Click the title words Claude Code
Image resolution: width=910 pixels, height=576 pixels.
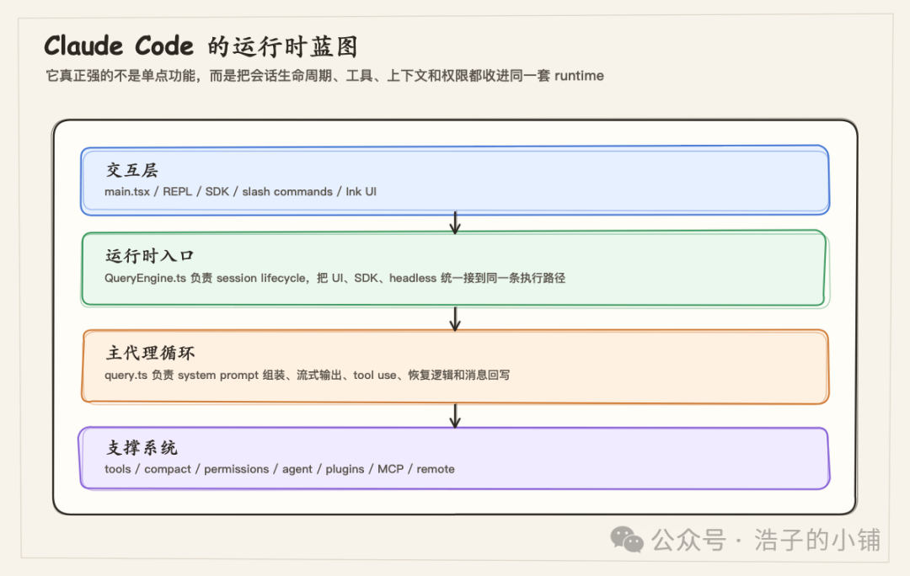(x=118, y=45)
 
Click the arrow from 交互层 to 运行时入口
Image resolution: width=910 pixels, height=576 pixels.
(x=455, y=223)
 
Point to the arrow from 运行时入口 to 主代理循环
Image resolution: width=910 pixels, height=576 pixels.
(x=455, y=318)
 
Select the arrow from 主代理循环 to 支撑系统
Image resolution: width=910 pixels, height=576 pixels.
(x=455, y=415)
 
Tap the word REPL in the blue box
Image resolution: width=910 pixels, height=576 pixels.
(x=178, y=192)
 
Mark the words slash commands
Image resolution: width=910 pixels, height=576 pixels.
(x=287, y=192)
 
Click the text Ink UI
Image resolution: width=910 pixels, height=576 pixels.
(x=361, y=192)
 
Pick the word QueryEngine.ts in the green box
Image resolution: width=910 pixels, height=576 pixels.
(x=145, y=278)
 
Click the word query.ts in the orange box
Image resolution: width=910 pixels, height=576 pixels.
(x=125, y=375)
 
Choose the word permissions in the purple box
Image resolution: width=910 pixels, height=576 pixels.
(x=236, y=469)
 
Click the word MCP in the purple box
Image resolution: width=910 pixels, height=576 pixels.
(x=390, y=469)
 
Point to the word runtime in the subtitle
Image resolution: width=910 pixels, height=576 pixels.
(x=579, y=76)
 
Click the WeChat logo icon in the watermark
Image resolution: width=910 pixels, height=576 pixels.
(x=628, y=540)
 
